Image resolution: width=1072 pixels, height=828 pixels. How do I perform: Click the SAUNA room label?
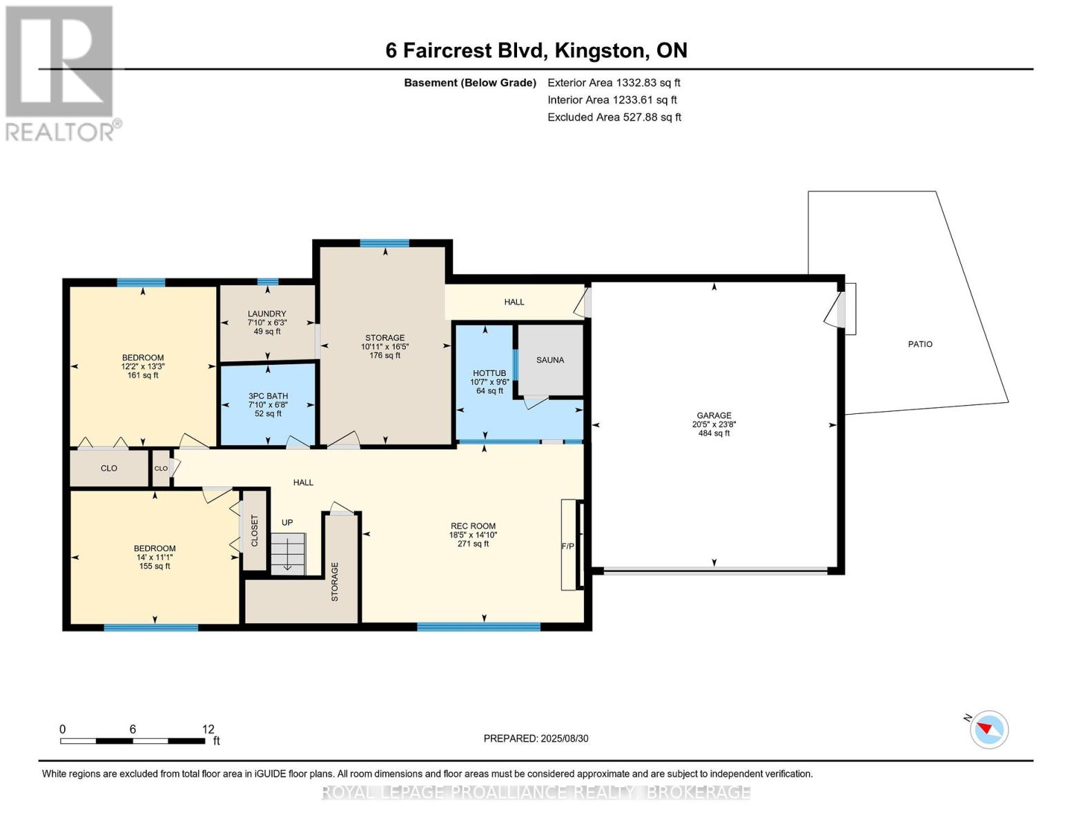550,360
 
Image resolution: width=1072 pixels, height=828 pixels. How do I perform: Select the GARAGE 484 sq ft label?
714,424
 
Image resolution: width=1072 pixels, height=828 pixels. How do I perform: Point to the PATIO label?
920,344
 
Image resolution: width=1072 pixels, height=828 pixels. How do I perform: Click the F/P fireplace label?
567,546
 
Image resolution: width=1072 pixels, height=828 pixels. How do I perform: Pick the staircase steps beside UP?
288,554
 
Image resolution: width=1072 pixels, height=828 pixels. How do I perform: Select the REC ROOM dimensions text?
473,535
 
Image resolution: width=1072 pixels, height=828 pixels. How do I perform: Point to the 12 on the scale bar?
208,729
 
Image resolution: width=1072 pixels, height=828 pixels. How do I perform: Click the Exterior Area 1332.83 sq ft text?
614,83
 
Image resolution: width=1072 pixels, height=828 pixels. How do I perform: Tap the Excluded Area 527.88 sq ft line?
614,117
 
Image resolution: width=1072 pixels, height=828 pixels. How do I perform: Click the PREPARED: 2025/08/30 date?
536,739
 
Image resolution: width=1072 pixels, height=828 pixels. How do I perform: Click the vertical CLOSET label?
255,531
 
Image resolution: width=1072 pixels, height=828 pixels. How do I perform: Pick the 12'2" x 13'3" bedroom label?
143,366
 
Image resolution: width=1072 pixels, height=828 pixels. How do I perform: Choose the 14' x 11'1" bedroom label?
155,558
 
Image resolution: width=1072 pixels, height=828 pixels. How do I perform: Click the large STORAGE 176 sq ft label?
384,346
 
